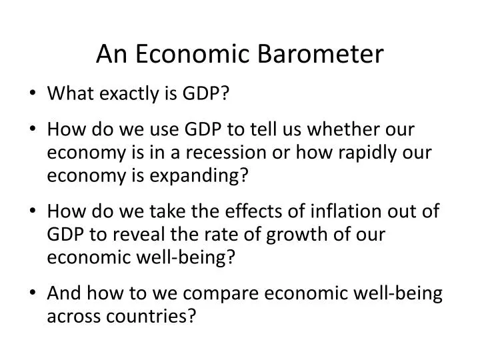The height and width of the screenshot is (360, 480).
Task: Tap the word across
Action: point(71,317)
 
